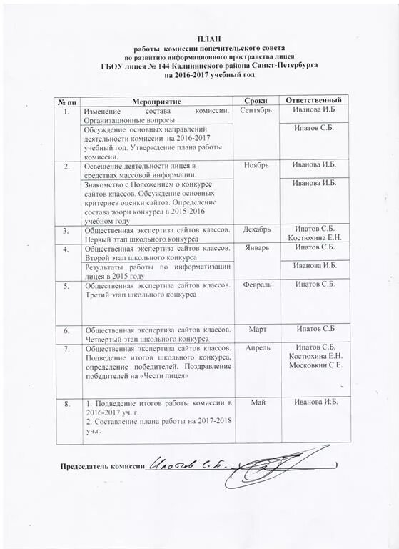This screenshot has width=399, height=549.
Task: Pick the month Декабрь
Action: tap(256, 230)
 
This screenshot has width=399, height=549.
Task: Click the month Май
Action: tap(258, 404)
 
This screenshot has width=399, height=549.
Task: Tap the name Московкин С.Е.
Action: tap(315, 365)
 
